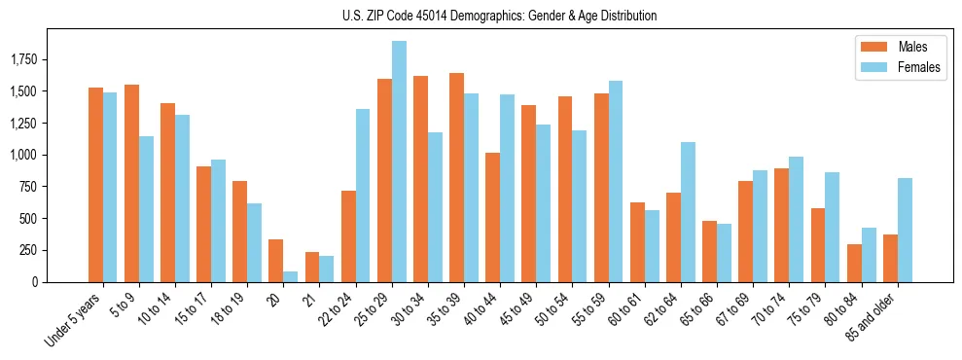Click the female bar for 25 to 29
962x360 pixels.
(399, 162)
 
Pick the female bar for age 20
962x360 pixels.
(291, 277)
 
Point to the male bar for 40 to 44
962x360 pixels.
(492, 218)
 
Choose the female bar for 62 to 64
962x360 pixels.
(688, 212)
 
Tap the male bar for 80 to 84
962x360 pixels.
(854, 264)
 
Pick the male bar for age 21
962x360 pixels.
(312, 268)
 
